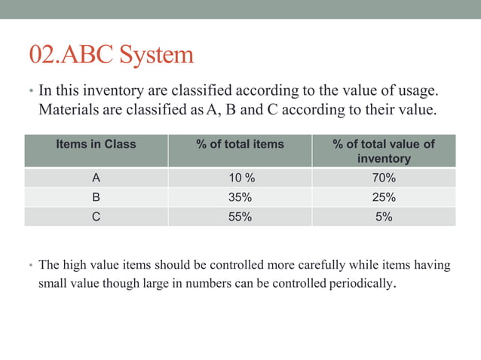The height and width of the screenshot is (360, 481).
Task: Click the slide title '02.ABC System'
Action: (111, 54)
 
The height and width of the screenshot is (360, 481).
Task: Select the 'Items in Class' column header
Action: (96, 143)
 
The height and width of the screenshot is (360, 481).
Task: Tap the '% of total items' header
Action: (240, 143)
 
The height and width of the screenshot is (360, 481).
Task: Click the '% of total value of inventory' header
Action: (384, 151)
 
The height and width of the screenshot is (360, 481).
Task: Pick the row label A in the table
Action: (96, 178)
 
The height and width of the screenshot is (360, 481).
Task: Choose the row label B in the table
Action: (96, 197)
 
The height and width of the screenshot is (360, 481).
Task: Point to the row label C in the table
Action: (96, 216)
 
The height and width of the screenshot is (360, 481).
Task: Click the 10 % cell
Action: (240, 178)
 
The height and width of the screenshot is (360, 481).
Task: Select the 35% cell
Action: (240, 197)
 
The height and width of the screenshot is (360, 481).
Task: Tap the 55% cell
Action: (240, 216)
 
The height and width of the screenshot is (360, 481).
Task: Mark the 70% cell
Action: (384, 178)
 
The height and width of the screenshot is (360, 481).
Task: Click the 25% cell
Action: (384, 197)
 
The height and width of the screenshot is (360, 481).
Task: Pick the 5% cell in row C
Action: (384, 216)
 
